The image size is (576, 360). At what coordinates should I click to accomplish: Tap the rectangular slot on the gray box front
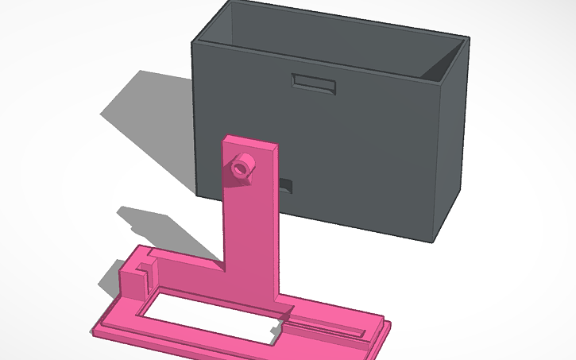click(314, 83)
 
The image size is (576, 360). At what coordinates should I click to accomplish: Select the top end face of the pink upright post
click(252, 142)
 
